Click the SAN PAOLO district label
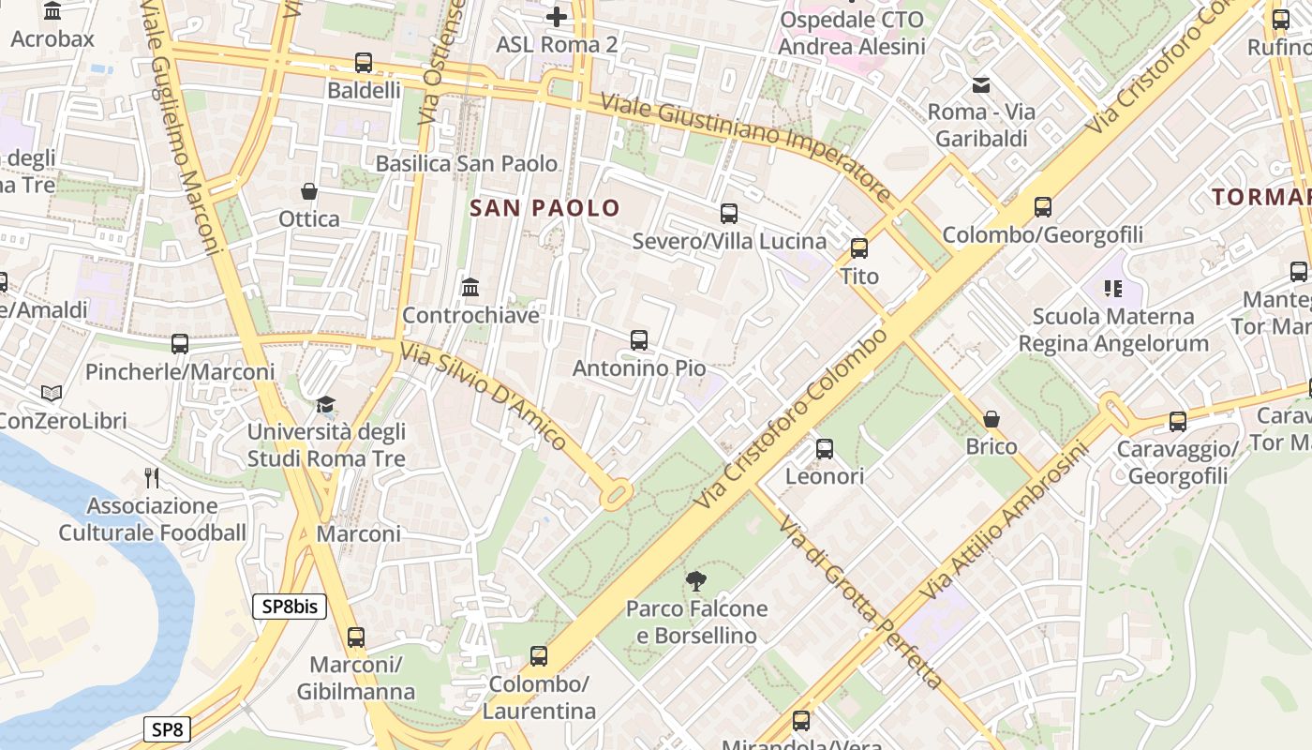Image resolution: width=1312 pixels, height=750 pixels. point(544,208)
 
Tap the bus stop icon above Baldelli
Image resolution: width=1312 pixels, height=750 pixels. point(364,63)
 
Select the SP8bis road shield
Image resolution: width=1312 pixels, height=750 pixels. point(290,607)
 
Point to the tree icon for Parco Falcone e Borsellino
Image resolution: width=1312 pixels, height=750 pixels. point(695,581)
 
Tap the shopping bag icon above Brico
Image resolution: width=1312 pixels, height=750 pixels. point(991,419)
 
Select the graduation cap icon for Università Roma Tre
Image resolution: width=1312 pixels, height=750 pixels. point(325,405)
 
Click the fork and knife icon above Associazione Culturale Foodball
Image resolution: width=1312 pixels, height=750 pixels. point(152,478)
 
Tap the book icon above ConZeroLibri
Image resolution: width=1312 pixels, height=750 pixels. point(52,394)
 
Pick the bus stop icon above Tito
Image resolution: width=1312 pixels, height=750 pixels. point(859,248)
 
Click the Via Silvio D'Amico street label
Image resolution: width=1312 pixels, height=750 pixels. point(483,396)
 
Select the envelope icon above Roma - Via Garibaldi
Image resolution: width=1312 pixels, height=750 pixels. point(981,85)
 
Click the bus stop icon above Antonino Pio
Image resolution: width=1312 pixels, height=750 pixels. point(639,340)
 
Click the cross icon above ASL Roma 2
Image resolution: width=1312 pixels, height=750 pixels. point(557,17)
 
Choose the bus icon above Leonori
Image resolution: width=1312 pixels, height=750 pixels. point(825,449)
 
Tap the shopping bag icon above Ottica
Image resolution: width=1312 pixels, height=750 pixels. point(309,191)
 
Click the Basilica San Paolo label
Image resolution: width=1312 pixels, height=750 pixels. point(466,163)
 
